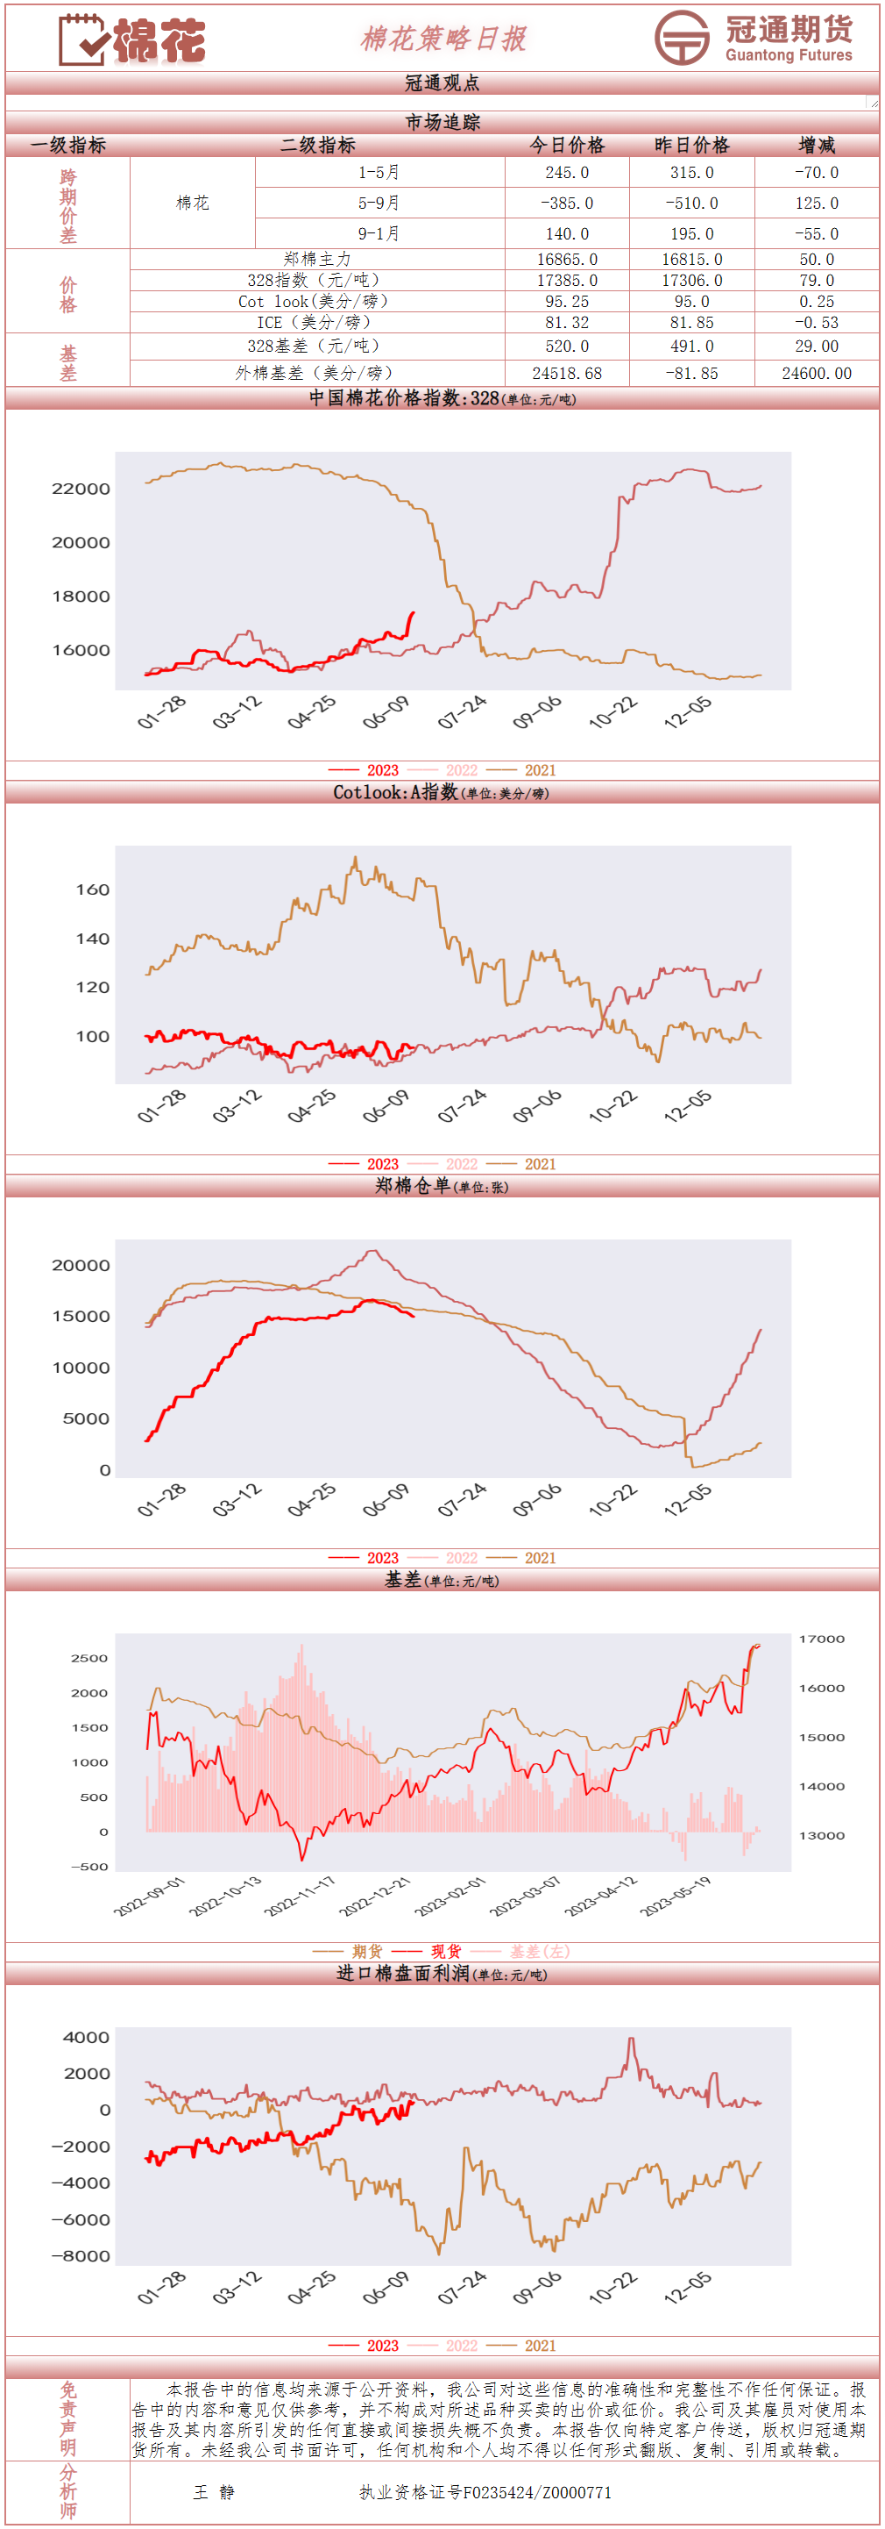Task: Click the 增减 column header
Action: pos(817,146)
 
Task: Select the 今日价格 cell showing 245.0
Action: pos(567,173)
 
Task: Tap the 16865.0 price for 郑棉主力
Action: pos(567,259)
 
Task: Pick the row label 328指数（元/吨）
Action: pos(317,281)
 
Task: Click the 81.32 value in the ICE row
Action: pos(567,322)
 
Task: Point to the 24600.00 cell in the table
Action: pos(817,373)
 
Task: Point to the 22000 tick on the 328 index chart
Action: pos(81,489)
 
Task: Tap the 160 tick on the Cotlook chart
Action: pos(92,889)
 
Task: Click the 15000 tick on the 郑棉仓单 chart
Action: pos(81,1317)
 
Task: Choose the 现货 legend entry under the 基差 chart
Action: pos(445,1952)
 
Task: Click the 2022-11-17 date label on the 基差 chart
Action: pos(301,1896)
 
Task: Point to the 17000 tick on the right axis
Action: pos(821,1640)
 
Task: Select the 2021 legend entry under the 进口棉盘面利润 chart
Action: pos(540,2346)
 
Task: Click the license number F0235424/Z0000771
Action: pos(485,2491)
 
